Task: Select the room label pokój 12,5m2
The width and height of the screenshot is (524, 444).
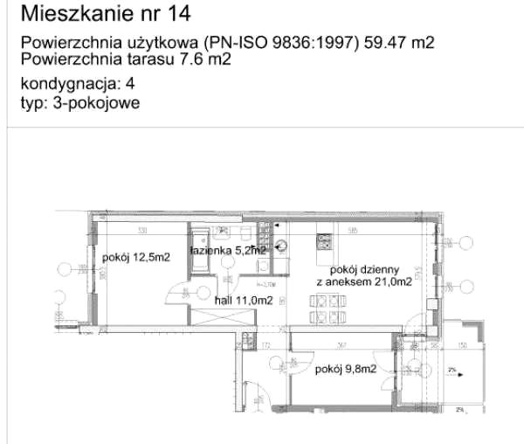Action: click(135, 257)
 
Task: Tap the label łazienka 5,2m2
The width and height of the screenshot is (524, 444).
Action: click(228, 250)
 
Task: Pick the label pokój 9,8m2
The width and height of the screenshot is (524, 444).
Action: click(347, 369)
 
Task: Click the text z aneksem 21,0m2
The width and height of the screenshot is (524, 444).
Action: click(364, 282)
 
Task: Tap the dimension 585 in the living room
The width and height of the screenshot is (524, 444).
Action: click(351, 231)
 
